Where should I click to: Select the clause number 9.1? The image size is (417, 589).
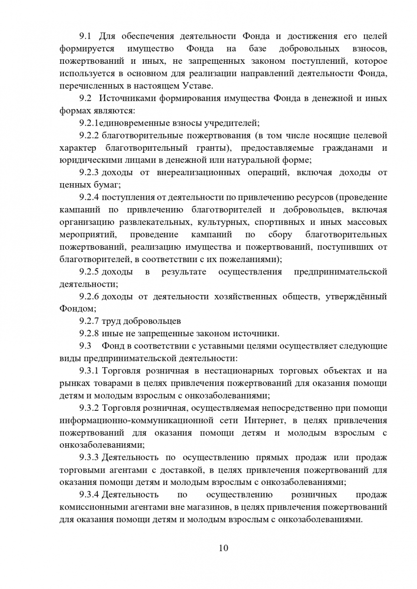[86, 36]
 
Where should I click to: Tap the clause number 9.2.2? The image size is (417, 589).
[89, 135]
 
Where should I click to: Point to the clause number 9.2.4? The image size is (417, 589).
[89, 197]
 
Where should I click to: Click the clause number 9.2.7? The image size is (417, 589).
[89, 321]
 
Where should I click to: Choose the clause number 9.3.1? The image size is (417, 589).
[89, 371]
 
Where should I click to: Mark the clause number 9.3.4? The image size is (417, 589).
[89, 494]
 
